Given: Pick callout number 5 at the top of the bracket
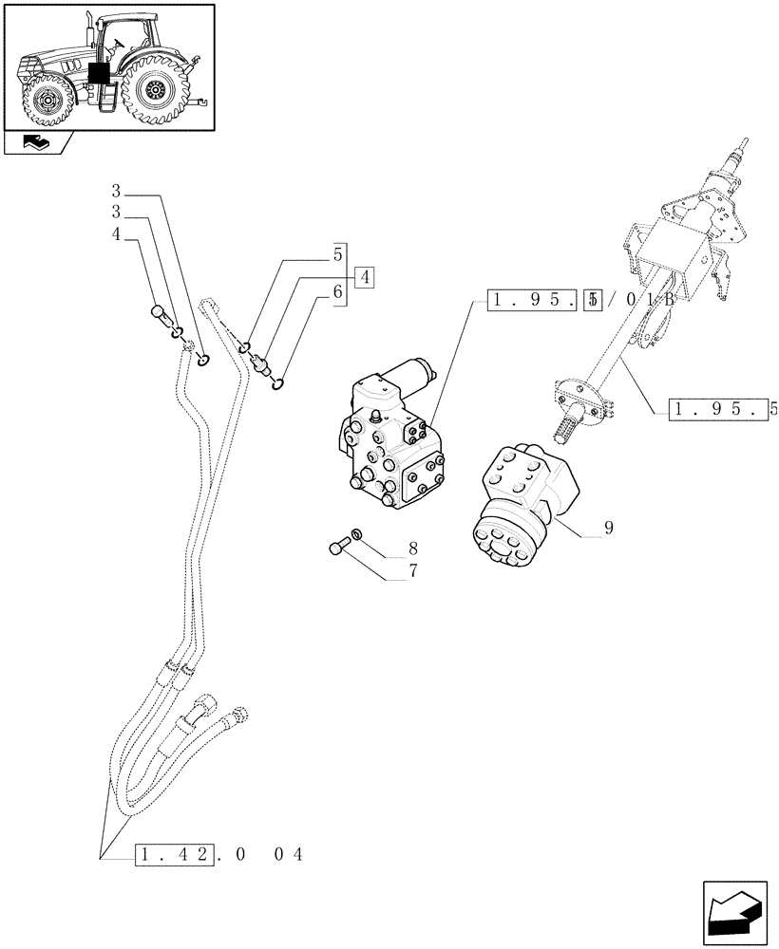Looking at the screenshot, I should click(337, 254).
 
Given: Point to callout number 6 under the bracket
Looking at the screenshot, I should click(337, 295).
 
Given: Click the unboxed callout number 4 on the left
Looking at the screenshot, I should click(117, 233).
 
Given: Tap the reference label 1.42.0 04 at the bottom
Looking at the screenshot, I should click(218, 855).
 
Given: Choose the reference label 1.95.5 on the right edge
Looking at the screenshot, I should click(722, 410).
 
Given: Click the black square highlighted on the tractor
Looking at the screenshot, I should click(97, 76).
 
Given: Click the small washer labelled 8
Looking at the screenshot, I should click(356, 534).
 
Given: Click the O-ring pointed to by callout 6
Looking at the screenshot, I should click(277, 383).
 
